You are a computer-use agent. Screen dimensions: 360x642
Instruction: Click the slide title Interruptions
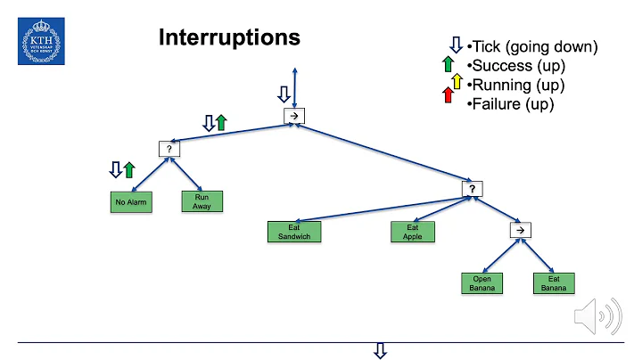[x=229, y=37]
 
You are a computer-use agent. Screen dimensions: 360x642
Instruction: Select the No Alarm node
[x=130, y=202]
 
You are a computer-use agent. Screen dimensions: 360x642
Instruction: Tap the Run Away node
[x=202, y=201]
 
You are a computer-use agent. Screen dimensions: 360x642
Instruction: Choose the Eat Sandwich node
[x=293, y=232]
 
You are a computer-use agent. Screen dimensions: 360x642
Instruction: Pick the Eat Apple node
[x=412, y=232]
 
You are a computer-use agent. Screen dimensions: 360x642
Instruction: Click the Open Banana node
[x=481, y=282]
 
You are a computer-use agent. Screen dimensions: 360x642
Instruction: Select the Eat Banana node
[x=553, y=282]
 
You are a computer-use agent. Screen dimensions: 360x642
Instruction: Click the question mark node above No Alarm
[x=169, y=150]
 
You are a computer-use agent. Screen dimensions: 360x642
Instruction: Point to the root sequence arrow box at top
[x=294, y=117]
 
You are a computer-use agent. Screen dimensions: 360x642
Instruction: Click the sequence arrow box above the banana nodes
[x=519, y=230]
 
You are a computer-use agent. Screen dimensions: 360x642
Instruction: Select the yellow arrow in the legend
[x=457, y=82]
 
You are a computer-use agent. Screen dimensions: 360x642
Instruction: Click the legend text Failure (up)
[x=511, y=104]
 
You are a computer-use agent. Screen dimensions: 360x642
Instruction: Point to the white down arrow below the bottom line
[x=381, y=350]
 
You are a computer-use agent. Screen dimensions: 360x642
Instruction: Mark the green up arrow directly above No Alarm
[x=129, y=169]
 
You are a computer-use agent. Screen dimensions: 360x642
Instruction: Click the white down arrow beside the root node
[x=284, y=94]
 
